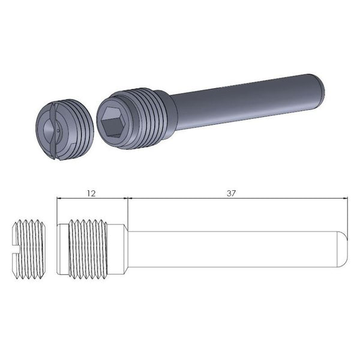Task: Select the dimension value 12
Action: pos(91,193)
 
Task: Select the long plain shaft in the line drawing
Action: pos(234,249)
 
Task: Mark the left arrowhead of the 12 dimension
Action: pos(58,199)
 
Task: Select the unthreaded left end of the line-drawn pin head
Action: pos(62,249)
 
